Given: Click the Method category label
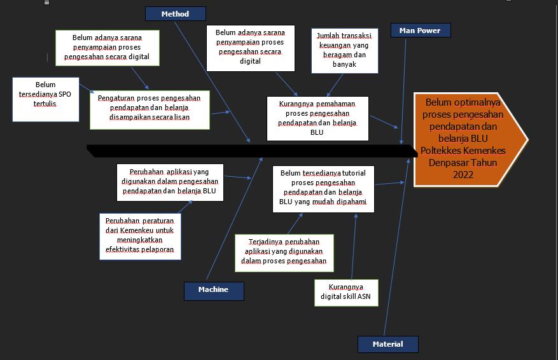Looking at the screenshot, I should [x=175, y=14].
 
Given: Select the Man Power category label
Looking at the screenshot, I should [x=420, y=31].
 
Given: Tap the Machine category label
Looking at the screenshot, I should [x=213, y=290].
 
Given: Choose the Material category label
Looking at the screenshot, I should [x=387, y=344].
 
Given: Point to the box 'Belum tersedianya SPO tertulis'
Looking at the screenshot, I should [x=45, y=99].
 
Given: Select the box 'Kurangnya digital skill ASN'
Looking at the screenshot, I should [x=345, y=292].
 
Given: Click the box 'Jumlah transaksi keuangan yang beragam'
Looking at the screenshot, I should [x=344, y=50].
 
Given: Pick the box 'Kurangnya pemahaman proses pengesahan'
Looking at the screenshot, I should [x=317, y=118].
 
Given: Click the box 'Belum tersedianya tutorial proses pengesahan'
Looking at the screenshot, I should [x=323, y=189].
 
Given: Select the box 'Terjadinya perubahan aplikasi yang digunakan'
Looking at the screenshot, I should [x=284, y=252].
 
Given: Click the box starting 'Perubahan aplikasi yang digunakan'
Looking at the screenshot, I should [x=169, y=182].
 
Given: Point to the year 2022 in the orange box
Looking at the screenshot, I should [x=463, y=174].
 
